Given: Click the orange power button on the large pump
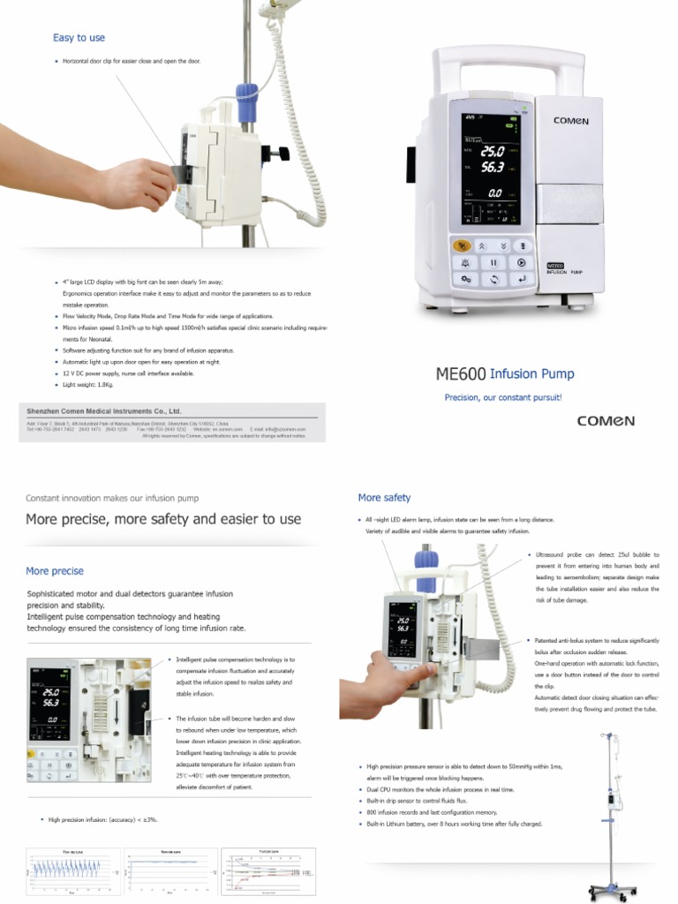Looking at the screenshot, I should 460,246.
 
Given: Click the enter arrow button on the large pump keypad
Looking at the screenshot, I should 522,279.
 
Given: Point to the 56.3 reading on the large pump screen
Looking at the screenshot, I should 493,165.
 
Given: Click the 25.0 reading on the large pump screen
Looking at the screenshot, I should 493,150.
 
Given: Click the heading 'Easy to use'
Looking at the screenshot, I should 79,38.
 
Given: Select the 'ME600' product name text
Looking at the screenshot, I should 461,374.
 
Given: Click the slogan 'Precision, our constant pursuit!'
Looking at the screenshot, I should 502,398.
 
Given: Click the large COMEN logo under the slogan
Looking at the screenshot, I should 606,421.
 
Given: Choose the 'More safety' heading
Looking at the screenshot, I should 384,498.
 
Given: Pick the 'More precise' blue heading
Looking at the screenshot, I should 55,571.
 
